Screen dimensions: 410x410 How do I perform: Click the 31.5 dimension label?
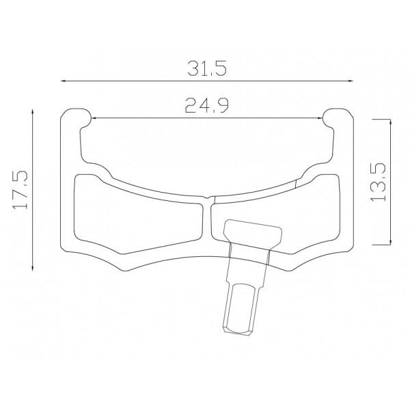click(207, 68)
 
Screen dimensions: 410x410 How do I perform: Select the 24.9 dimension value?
click(206, 106)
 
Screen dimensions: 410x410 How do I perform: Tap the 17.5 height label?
click(20, 190)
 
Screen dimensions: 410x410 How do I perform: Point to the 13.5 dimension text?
click(378, 182)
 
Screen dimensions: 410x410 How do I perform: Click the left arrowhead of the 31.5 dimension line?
click(64, 81)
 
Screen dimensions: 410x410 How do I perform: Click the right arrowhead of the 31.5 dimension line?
click(351, 81)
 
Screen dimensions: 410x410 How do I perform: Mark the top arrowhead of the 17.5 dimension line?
click(32, 112)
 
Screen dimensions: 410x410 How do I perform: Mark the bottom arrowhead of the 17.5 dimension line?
click(32, 268)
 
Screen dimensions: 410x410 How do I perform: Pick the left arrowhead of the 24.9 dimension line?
click(94, 118)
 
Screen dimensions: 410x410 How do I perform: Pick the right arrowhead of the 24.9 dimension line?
click(320, 118)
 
